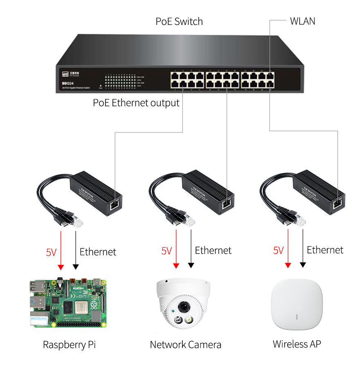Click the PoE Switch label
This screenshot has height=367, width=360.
tap(179, 21)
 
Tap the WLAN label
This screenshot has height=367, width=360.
tap(302, 21)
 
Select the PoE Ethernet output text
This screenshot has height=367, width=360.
tap(136, 103)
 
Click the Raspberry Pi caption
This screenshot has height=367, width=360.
tap(69, 345)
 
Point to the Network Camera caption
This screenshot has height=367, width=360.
tap(185, 345)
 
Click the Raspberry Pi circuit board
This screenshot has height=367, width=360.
tap(68, 303)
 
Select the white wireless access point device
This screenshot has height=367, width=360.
tap(297, 305)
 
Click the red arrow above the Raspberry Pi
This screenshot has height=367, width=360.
tap(61, 249)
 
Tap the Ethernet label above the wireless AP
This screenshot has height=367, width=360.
tap(325, 250)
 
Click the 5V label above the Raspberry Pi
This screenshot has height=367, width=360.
tap(51, 252)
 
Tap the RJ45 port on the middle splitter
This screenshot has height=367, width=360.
tap(226, 204)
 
